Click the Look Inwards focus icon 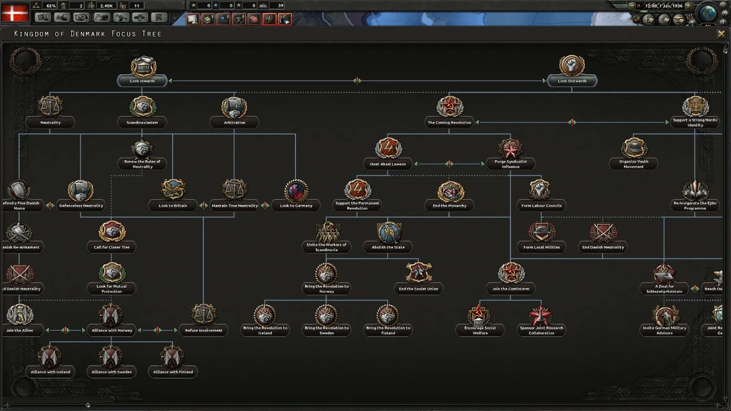point(143,67)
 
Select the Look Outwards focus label point(572,81)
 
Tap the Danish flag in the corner point(15,12)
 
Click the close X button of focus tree point(721,34)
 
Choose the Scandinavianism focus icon point(143,107)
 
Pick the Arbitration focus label point(234,123)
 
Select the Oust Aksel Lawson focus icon point(388,148)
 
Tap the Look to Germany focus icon point(296,191)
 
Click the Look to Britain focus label point(173,206)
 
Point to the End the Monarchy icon point(450,191)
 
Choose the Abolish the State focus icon point(388,232)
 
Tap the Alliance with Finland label point(173,372)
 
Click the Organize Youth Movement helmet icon point(634,148)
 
